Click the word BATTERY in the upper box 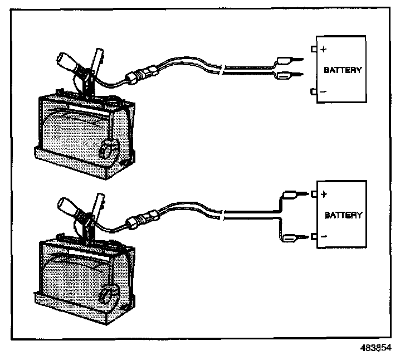343,71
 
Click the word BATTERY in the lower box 343,215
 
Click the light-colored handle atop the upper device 65,61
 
